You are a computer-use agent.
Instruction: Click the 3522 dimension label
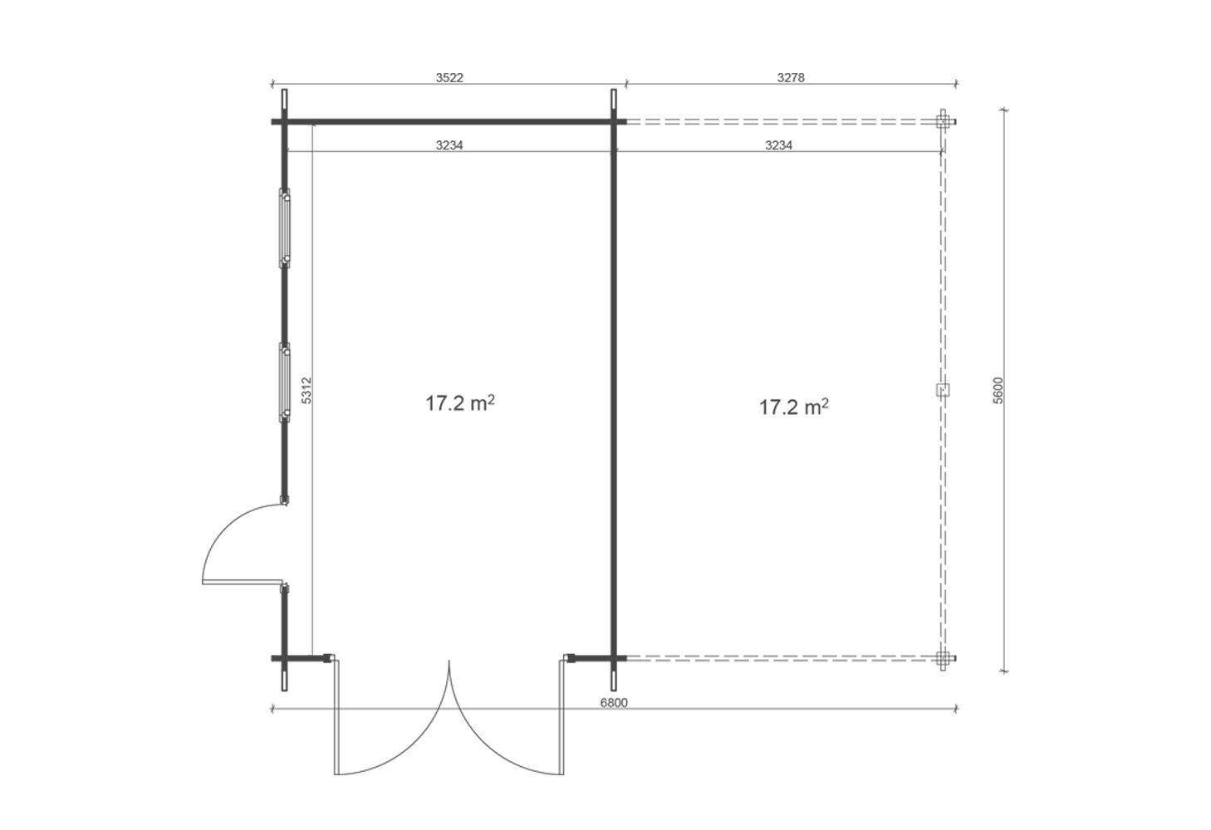pyautogui.click(x=449, y=78)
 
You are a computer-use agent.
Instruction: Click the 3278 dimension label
pyautogui.click(x=791, y=78)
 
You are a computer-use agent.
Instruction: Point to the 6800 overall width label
pyautogui.click(x=614, y=703)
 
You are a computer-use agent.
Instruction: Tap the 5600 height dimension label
pyautogui.click(x=998, y=390)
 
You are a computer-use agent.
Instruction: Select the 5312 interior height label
pyautogui.click(x=306, y=390)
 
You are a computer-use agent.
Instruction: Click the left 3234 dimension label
pyautogui.click(x=449, y=145)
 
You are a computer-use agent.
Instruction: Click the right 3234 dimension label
pyautogui.click(x=778, y=145)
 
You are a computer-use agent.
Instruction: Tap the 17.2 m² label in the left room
pyautogui.click(x=460, y=403)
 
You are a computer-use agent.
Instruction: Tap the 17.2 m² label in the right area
pyautogui.click(x=794, y=407)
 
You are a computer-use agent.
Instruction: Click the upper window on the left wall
pyautogui.click(x=284, y=228)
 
